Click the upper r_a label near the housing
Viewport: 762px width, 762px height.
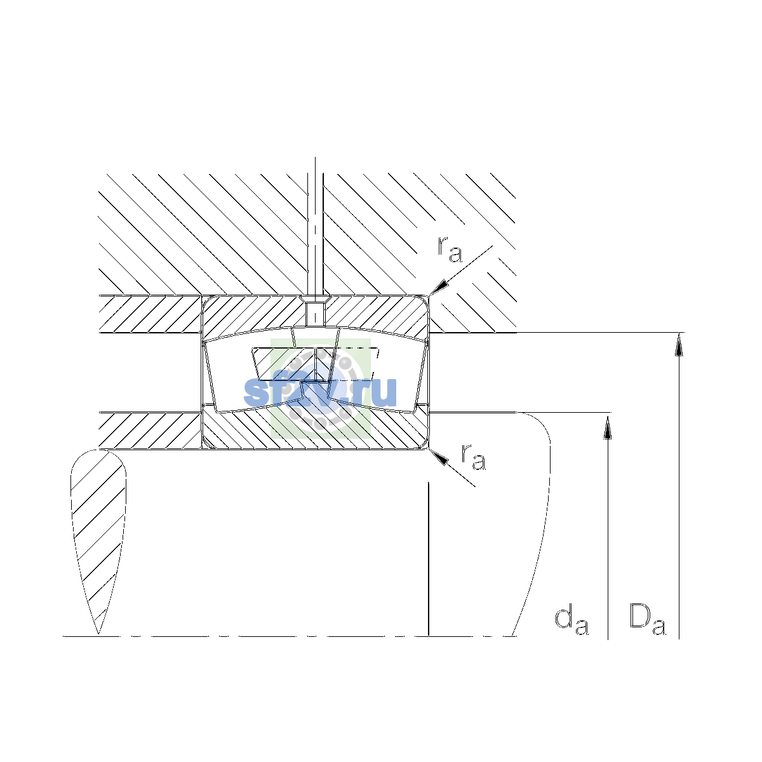point(450,250)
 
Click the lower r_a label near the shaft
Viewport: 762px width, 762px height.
point(473,457)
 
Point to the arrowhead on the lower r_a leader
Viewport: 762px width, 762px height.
point(439,457)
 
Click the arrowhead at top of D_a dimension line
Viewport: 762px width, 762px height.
point(679,344)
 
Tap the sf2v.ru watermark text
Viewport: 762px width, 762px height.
point(320,392)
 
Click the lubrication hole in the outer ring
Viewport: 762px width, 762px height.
point(315,314)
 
